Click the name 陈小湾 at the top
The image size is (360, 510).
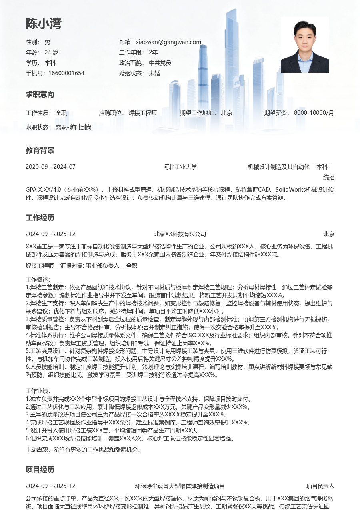pos(44,24)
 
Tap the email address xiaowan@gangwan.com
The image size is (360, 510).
pos(168,42)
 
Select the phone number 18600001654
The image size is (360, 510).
pos(66,73)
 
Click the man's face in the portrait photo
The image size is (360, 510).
pos(304,34)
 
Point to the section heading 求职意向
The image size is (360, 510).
pos(40,95)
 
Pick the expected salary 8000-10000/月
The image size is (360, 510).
pos(314,113)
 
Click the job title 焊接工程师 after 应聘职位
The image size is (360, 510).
pos(142,113)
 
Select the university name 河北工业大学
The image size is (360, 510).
pos(180,167)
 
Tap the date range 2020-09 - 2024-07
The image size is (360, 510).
pos(50,167)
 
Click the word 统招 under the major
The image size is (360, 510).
pos(328,177)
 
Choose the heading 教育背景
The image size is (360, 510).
pos(40,151)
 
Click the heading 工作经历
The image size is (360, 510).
pos(40,218)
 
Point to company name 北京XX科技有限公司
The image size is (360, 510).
pos(180,234)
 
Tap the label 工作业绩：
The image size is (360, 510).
pos(38,391)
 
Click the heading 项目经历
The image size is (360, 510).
pos(40,470)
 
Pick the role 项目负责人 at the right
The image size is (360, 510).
pos(320,486)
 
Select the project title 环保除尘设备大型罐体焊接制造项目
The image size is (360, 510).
pos(180,486)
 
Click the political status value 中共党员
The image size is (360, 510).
pos(160,63)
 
